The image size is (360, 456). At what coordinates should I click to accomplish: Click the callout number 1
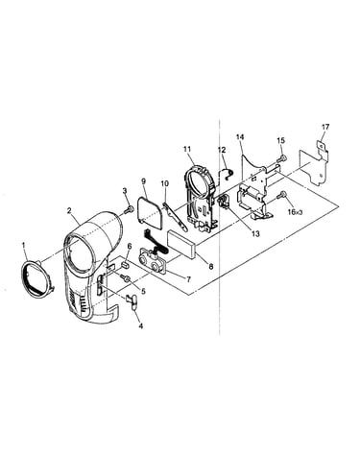click(23, 245)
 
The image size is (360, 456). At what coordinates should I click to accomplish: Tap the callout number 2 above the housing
click(69, 210)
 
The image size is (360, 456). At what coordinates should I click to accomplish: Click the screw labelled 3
click(128, 209)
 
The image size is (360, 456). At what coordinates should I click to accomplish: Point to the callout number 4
click(140, 326)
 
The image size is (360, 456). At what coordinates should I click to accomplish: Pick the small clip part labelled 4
click(132, 301)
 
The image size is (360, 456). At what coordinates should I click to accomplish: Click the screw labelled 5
click(126, 278)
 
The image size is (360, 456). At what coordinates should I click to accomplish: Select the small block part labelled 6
click(126, 265)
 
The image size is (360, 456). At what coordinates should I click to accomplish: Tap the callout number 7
click(188, 280)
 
